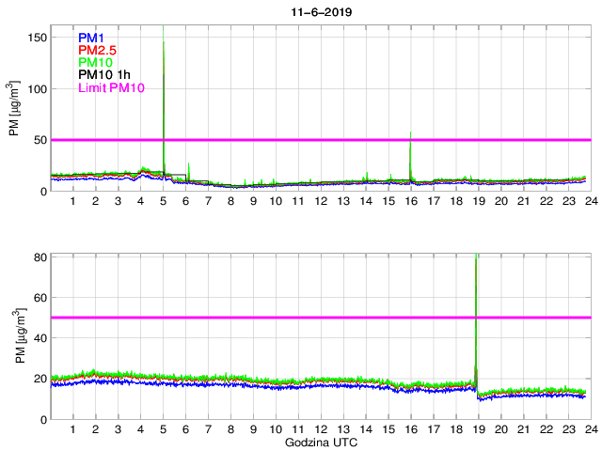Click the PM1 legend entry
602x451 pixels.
(91, 38)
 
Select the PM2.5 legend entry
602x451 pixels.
(97, 50)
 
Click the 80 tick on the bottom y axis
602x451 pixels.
(40, 257)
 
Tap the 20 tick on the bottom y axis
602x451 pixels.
(40, 378)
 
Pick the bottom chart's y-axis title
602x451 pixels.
(15, 336)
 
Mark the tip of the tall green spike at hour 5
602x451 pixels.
(164, 42)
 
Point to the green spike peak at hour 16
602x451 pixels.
(410, 132)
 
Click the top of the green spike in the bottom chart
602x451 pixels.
(478, 255)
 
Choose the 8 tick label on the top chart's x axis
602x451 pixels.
(230, 202)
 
